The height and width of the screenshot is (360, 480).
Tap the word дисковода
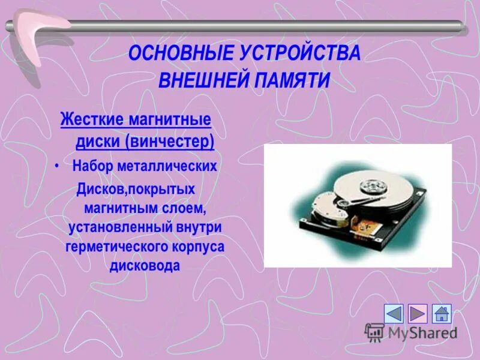pos(145,266)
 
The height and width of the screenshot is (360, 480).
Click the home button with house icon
pos(442,314)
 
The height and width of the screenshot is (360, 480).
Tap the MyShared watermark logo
pos(412,332)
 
